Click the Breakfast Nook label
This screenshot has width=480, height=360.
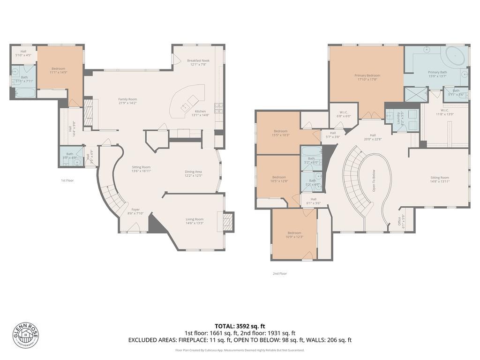pos(198,60)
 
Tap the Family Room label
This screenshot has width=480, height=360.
pos(127,99)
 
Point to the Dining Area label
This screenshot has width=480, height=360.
pos(193,172)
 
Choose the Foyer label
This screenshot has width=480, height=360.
pos(135,210)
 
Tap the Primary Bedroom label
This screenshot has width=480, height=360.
pos(367,75)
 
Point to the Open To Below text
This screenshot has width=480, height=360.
pos(374,180)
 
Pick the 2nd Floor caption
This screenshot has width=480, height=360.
pos(279,273)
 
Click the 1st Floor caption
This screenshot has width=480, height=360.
pos(67,180)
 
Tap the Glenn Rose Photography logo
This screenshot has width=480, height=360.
pos(26,336)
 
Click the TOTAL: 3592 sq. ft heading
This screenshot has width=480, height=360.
pos(240,326)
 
